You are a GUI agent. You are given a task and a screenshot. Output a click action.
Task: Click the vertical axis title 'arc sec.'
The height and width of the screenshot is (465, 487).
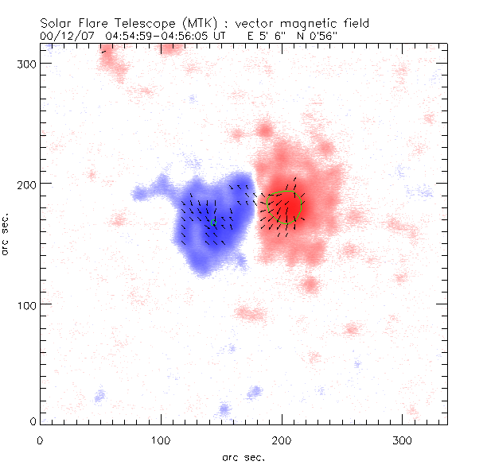coord(7,233)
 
